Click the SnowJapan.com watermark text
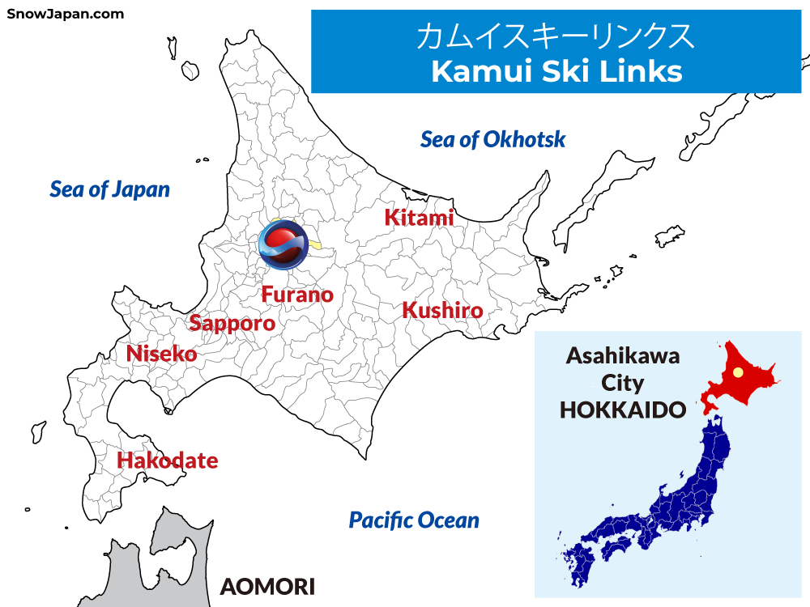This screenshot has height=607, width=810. point(66,14)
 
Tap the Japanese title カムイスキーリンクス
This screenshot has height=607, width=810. point(556,37)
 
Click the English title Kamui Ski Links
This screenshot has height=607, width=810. point(556,71)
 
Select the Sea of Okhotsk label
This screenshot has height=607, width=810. point(492,139)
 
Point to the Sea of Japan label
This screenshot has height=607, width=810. point(109,189)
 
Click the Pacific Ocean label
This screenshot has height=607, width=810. point(414,520)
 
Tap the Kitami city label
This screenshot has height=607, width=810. point(419,218)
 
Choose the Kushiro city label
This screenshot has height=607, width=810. point(442,311)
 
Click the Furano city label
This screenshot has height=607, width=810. point(297,295)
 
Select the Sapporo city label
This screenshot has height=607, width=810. point(232,324)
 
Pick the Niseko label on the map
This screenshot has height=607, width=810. point(161,354)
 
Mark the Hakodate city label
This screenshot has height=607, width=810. point(168,461)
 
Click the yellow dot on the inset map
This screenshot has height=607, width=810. point(738,372)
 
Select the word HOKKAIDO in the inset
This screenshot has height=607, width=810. point(623,410)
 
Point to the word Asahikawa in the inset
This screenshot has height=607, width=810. point(623,355)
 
